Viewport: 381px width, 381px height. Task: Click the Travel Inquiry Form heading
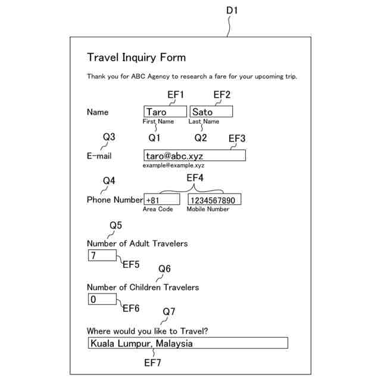pyautogui.click(x=136, y=58)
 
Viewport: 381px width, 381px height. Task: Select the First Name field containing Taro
pyautogui.click(x=165, y=112)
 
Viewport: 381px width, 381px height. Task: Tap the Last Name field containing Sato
pyautogui.click(x=211, y=112)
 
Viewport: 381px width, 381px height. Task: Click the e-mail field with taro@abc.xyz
pyautogui.click(x=194, y=155)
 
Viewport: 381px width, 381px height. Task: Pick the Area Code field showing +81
pyautogui.click(x=161, y=199)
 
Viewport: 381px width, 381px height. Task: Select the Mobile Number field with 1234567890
pyautogui.click(x=214, y=199)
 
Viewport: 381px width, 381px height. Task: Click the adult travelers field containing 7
pyautogui.click(x=102, y=255)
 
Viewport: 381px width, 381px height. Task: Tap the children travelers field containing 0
pyautogui.click(x=102, y=299)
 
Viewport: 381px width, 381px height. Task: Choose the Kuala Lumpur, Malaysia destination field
pyautogui.click(x=187, y=343)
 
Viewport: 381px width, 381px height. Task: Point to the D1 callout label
pyautogui.click(x=232, y=11)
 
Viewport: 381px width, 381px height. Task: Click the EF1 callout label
pyautogui.click(x=176, y=95)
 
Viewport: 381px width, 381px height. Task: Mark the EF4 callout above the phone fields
pyautogui.click(x=195, y=178)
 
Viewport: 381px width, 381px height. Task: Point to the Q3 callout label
pyautogui.click(x=109, y=137)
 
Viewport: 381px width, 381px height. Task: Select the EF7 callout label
pyautogui.click(x=152, y=362)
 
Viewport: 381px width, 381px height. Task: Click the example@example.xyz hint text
pyautogui.click(x=173, y=165)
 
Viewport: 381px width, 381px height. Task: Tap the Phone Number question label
pyautogui.click(x=115, y=200)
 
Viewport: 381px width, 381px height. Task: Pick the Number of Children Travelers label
pyautogui.click(x=143, y=288)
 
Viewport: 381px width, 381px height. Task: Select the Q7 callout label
pyautogui.click(x=169, y=311)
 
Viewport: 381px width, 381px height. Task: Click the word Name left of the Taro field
pyautogui.click(x=98, y=112)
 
